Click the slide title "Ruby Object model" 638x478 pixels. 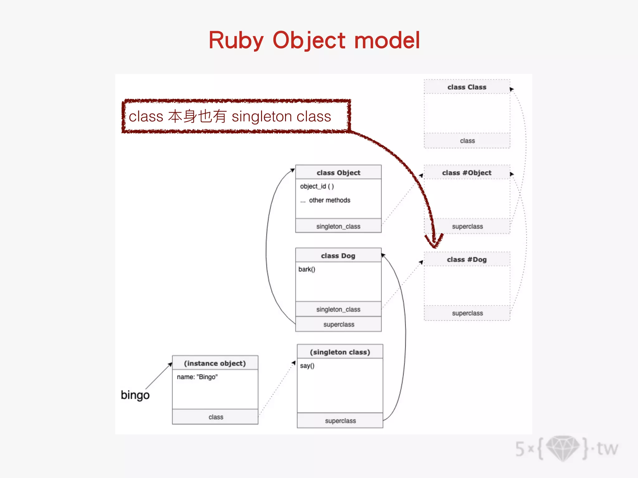(314, 40)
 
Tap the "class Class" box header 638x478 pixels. (467, 87)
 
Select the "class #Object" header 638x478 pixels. (467, 173)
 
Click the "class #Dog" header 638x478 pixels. (467, 260)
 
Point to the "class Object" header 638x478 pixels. (338, 173)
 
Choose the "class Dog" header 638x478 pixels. (338, 256)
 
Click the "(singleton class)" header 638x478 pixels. (340, 352)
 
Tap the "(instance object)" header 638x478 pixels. (215, 363)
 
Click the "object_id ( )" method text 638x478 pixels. (317, 186)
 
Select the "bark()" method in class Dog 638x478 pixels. (307, 269)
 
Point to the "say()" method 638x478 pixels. (307, 366)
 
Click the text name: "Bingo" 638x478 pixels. (197, 377)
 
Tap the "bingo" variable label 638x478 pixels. (135, 395)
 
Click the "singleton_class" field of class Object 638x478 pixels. (338, 226)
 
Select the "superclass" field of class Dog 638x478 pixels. (339, 324)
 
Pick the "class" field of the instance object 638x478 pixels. (216, 417)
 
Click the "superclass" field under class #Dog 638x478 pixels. (467, 313)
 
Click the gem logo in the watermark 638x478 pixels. (563, 448)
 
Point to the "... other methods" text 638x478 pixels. (325, 200)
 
